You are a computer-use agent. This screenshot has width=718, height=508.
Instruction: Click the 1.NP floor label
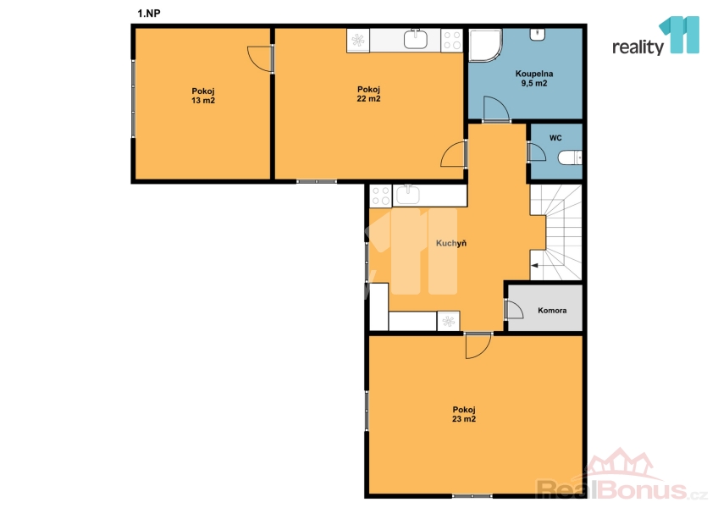click(149, 14)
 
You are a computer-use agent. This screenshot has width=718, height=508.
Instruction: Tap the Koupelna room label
click(534, 74)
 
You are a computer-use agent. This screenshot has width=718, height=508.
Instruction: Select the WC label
click(555, 138)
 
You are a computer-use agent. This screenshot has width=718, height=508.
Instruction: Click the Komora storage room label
click(552, 310)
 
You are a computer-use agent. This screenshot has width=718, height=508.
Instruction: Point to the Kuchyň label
click(451, 243)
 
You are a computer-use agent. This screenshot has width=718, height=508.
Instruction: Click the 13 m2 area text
click(203, 100)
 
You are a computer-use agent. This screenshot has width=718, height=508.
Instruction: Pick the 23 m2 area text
click(464, 418)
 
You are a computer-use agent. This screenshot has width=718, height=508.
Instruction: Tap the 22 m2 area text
click(368, 98)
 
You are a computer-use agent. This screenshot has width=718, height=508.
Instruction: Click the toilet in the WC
click(570, 157)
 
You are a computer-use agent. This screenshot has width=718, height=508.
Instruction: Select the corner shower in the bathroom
click(485, 45)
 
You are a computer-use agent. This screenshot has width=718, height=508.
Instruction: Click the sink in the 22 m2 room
click(416, 39)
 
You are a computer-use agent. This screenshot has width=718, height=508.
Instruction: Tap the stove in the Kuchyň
click(380, 196)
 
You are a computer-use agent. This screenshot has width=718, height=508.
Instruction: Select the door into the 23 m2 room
click(478, 345)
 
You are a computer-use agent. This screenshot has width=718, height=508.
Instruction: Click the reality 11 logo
click(655, 36)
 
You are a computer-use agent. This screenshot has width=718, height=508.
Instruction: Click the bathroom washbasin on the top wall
click(537, 35)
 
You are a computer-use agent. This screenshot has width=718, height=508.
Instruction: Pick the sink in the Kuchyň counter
click(407, 195)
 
